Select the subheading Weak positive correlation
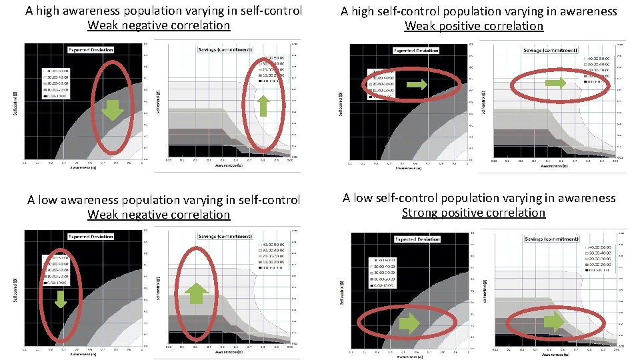click(474, 26)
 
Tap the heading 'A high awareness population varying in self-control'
click(163, 11)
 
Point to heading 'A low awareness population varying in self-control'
click(163, 200)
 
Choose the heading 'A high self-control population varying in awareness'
click(479, 11)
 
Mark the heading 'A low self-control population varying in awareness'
click(479, 198)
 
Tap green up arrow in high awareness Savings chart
click(263, 105)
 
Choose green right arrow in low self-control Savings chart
click(553, 323)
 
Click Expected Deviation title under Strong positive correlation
click(416, 239)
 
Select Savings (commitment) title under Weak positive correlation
click(550, 50)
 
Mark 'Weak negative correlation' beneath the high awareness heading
click(159, 26)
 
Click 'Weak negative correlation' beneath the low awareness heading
click(159, 215)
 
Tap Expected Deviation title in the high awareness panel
click(90, 50)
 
